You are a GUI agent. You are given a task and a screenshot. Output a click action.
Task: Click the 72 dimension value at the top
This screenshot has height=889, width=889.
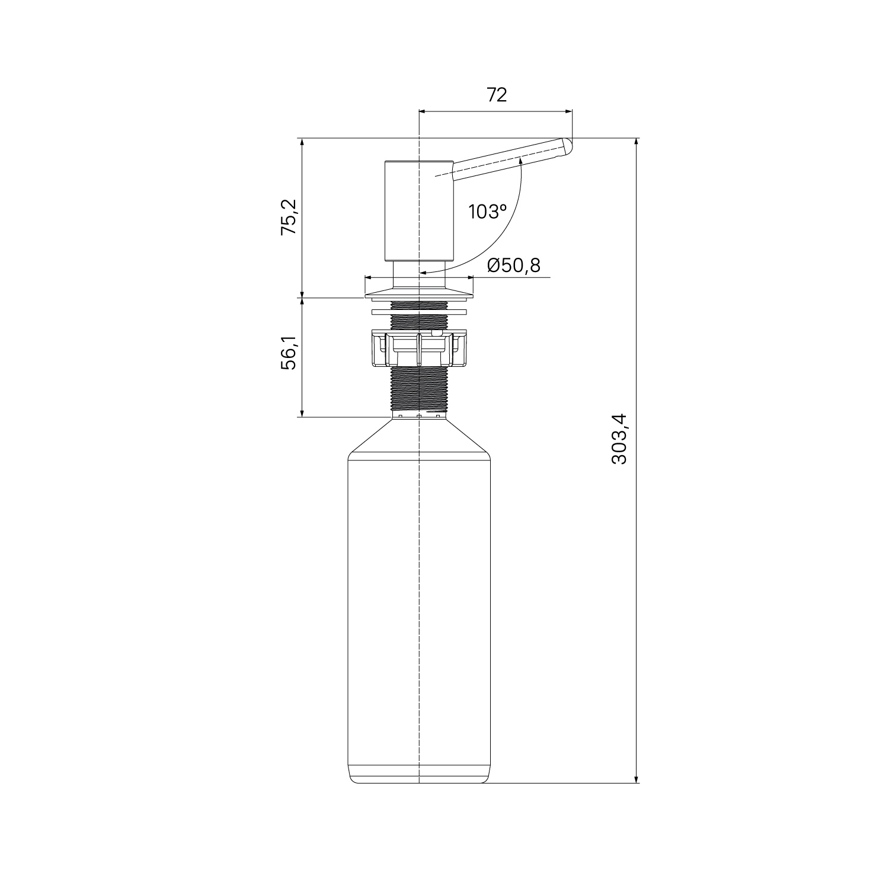tap(497, 94)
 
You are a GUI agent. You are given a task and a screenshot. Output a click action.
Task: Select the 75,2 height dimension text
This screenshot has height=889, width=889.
tap(289, 218)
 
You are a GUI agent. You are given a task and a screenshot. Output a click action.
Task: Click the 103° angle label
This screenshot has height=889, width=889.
tap(487, 212)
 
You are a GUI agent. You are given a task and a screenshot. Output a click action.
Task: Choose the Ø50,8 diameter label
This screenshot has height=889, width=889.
tap(514, 266)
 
